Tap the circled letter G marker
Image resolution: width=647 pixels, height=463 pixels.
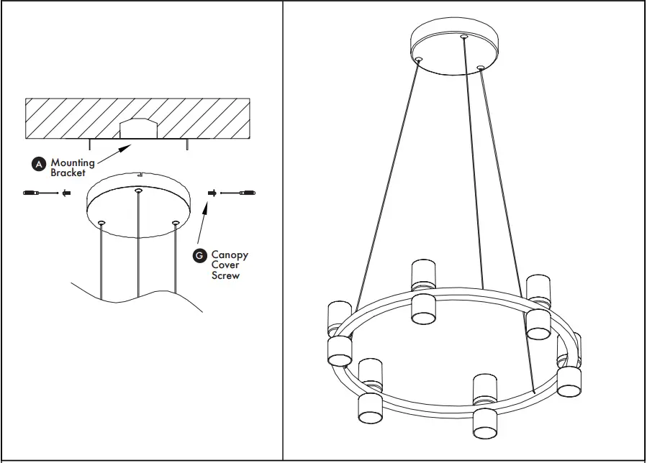pyautogui.click(x=200, y=256)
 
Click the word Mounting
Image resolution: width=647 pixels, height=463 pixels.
pyautogui.click(x=72, y=163)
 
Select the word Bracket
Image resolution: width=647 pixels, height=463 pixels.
pyautogui.click(x=68, y=173)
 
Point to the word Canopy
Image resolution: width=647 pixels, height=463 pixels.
pyautogui.click(x=230, y=255)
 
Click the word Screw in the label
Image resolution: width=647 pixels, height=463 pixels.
pyautogui.click(x=225, y=275)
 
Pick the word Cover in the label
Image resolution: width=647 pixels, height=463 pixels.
pyautogui.click(x=225, y=265)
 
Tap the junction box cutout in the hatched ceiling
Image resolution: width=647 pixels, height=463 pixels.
pyautogui.click(x=137, y=127)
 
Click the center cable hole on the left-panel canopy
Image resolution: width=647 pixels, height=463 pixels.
pyautogui.click(x=138, y=191)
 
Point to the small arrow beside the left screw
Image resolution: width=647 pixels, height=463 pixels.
pyautogui.click(x=65, y=193)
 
